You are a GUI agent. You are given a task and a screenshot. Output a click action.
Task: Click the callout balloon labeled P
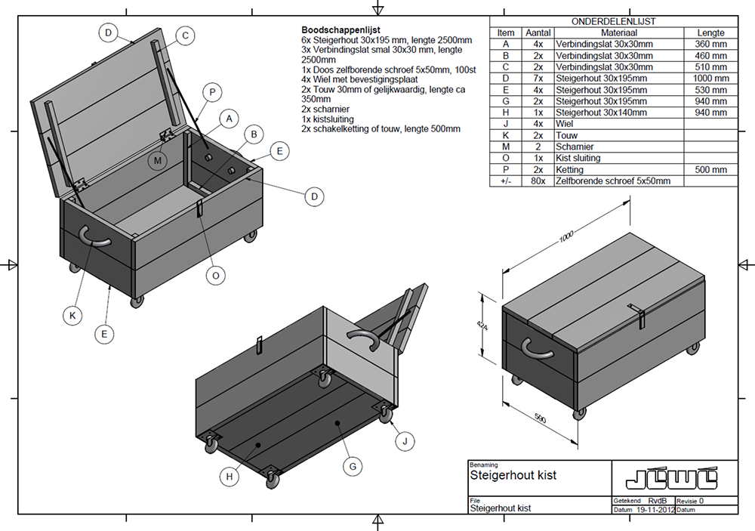point(213,92)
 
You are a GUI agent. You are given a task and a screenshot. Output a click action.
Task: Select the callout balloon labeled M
point(157,160)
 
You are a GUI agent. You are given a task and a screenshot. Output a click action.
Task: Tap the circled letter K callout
point(72,316)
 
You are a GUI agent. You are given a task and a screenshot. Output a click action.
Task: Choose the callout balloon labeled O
point(216,276)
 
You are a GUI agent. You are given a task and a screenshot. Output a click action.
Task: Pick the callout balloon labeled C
point(185,35)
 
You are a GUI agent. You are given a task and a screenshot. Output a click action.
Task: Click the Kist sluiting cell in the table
point(578,158)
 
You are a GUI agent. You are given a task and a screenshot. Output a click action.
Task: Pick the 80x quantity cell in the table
point(538,181)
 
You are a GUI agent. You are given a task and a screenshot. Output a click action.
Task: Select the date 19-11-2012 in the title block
point(653,510)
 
